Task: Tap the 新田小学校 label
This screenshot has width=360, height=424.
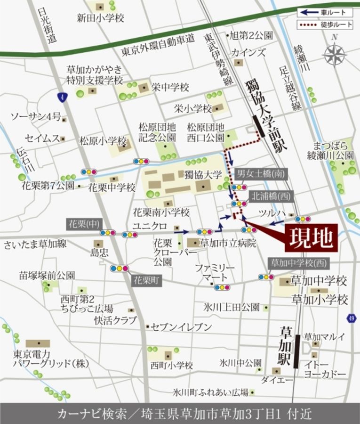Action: pos(100,18)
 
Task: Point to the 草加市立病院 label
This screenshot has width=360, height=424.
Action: pos(228,243)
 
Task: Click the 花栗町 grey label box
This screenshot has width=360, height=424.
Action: pos(146,280)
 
